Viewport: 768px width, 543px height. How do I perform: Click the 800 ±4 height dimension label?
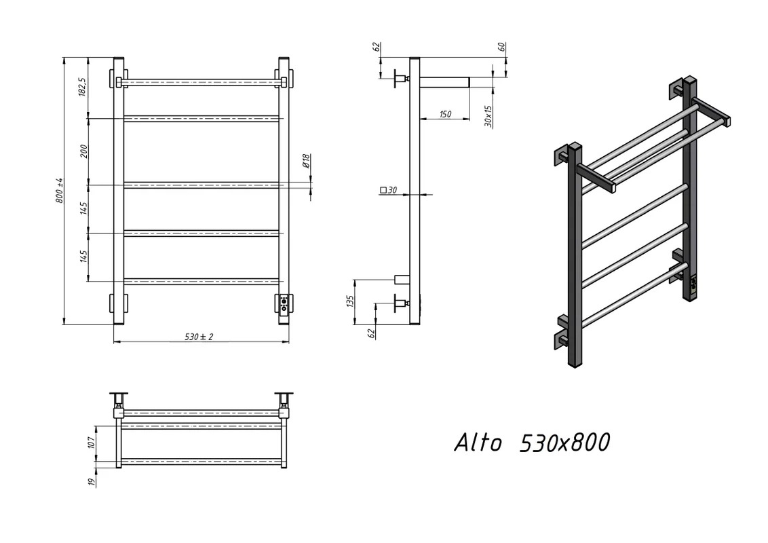(x=60, y=190)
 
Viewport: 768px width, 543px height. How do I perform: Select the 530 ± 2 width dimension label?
(x=199, y=337)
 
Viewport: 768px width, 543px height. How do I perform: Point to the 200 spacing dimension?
(x=83, y=151)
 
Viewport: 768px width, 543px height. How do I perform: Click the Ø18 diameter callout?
(x=305, y=160)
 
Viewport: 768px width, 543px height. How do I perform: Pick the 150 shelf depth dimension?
(x=445, y=114)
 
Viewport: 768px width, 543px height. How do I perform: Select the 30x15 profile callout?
(x=488, y=116)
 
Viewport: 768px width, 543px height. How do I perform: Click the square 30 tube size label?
(x=388, y=190)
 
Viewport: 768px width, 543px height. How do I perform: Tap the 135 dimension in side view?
(x=349, y=301)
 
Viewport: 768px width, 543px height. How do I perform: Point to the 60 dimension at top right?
(x=501, y=47)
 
